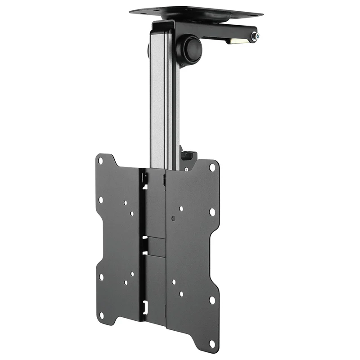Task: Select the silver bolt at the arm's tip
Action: [x=255, y=36]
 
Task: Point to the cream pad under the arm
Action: [x=238, y=40]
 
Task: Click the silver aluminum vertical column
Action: [x=161, y=103]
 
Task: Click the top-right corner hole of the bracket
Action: [x=212, y=167]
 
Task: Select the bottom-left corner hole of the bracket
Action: [x=101, y=315]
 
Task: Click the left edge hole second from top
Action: [x=100, y=199]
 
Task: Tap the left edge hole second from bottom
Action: [x=101, y=277]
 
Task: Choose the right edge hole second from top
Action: [x=211, y=211]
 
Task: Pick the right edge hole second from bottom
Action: [x=211, y=300]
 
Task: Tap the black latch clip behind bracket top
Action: [x=188, y=155]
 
